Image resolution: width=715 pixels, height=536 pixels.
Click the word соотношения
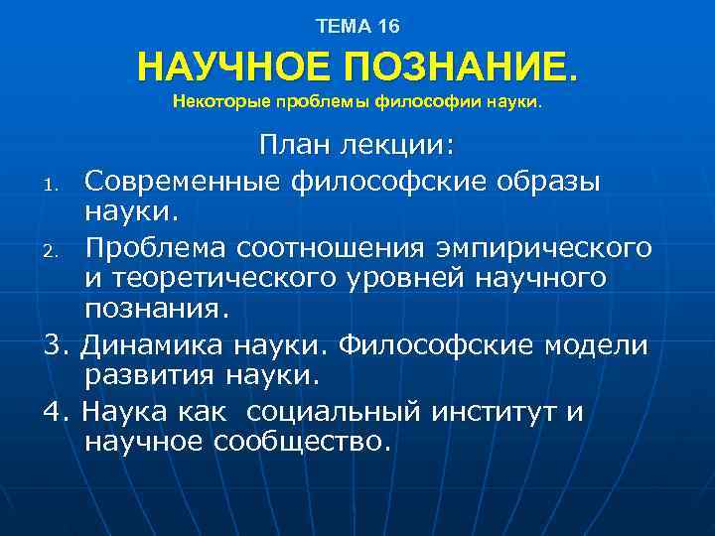click(338, 245)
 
